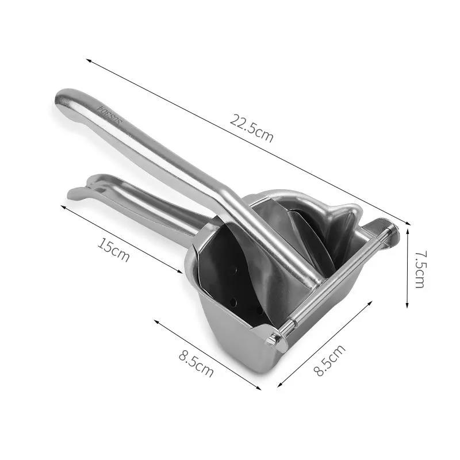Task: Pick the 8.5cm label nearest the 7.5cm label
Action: click(x=330, y=361)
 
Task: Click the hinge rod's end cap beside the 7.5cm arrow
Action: click(x=393, y=232)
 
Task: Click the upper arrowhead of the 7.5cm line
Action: click(x=407, y=228)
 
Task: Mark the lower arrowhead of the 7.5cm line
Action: click(x=407, y=308)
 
